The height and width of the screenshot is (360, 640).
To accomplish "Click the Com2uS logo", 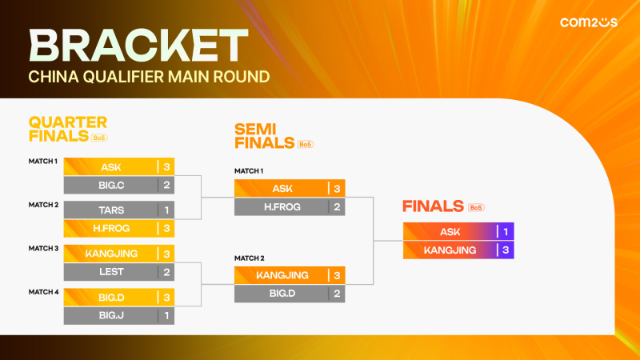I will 588,23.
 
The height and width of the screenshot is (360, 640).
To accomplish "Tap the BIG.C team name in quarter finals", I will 111,186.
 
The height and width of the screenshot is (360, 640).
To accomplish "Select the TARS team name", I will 111,209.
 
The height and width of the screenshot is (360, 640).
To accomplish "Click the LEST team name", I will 111,271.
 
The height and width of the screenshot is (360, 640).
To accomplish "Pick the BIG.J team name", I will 111,315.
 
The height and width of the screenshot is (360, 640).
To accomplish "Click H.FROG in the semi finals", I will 282,207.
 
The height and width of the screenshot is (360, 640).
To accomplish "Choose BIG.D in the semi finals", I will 282,294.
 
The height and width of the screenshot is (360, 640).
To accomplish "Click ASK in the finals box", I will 450,231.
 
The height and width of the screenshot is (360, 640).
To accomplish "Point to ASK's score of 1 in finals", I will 506,231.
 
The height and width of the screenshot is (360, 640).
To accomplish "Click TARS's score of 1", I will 166,209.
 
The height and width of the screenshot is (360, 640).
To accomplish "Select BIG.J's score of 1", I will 166,315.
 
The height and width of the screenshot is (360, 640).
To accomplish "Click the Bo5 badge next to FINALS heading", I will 477,207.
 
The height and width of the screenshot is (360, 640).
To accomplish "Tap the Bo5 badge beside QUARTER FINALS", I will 99,138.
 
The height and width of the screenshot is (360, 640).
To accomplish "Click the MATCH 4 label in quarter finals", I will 43,291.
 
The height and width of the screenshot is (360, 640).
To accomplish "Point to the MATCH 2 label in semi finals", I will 249,258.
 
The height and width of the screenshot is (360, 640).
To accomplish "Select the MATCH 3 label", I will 43,248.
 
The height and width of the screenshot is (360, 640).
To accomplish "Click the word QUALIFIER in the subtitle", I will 123,78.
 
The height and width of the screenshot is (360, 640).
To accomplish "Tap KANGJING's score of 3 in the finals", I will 506,250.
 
